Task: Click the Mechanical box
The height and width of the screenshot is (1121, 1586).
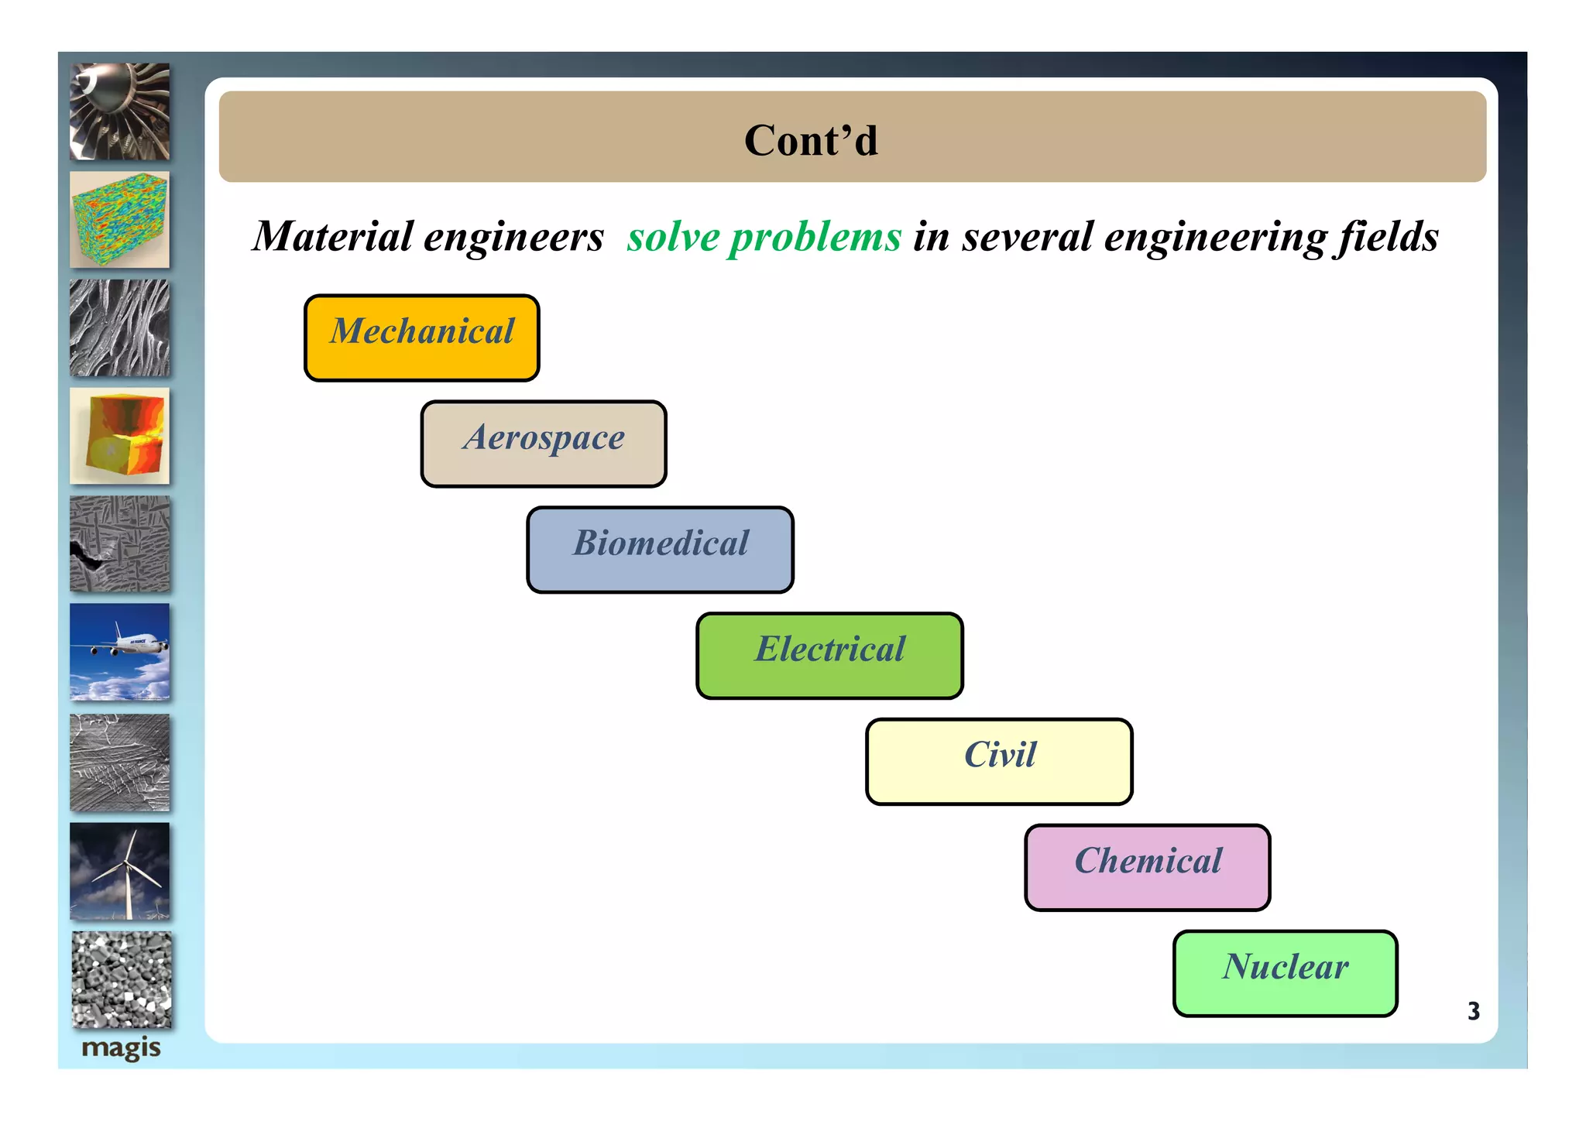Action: coord(421,338)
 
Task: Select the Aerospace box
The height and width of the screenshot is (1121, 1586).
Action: coord(543,444)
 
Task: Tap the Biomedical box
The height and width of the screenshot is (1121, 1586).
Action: coord(660,550)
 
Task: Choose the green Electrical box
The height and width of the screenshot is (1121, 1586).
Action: coord(829,656)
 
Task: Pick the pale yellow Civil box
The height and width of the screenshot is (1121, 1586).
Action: coord(999,761)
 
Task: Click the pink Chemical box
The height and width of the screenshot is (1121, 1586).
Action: coord(1147,867)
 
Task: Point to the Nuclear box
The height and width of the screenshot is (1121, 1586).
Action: coord(1285,973)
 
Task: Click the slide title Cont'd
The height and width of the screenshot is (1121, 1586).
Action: coord(811,140)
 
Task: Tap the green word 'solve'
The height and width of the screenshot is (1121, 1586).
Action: coord(673,237)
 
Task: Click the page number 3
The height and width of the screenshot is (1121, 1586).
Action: coord(1473,1011)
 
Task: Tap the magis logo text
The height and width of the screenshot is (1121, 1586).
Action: coord(121,1048)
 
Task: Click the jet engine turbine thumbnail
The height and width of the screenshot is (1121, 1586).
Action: coord(119,111)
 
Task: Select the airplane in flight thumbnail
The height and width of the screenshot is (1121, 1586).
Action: coord(119,652)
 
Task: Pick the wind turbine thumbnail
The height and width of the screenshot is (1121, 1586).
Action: coord(119,871)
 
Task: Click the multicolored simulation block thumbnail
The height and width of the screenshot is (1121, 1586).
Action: coord(119,220)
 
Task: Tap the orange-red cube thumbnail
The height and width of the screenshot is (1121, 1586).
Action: coord(119,436)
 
